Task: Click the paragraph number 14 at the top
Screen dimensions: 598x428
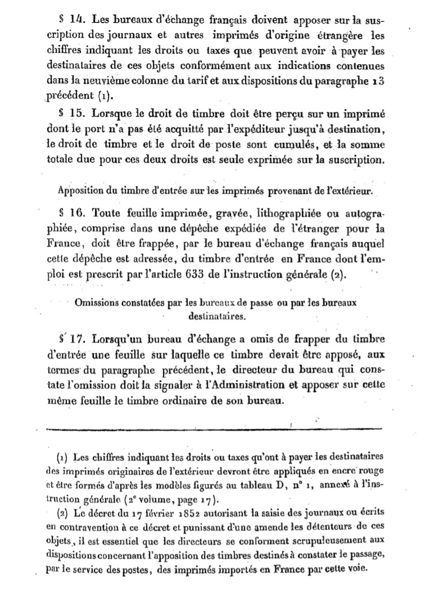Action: (78, 17)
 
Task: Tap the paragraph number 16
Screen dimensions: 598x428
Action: (78, 214)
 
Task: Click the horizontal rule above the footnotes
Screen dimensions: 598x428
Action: (213, 430)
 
